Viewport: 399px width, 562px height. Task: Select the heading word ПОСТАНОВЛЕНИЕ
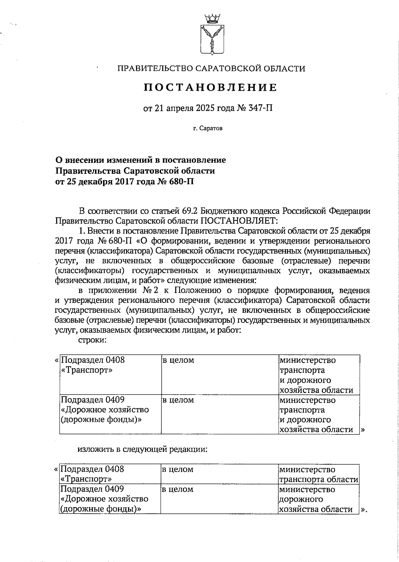tap(210, 88)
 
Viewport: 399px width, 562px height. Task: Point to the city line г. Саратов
tap(207, 128)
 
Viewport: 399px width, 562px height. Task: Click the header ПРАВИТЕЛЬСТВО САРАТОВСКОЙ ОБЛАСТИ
tap(211, 69)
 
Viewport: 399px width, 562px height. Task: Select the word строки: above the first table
tap(92, 340)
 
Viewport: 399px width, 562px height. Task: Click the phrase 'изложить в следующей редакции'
tap(143, 450)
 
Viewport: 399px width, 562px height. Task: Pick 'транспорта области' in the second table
tap(319, 480)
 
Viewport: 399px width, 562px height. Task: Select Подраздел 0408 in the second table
tap(92, 470)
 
